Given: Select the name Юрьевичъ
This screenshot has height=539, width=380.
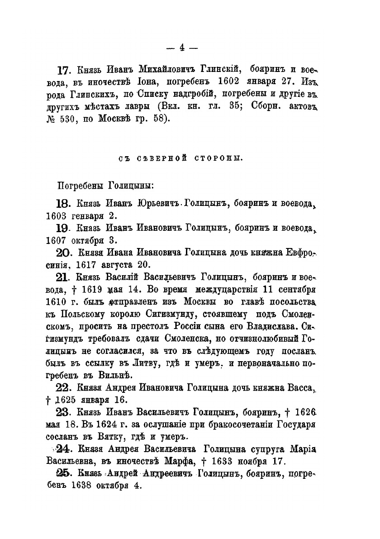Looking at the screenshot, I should click(159, 203).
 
